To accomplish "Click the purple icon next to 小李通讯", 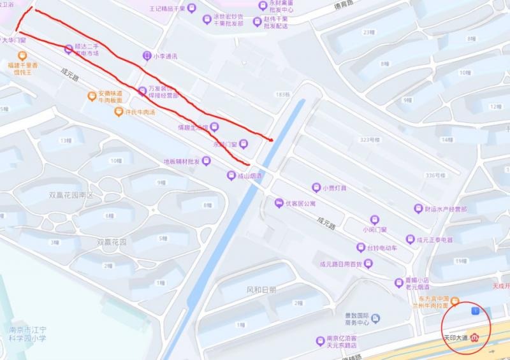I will point(147,56).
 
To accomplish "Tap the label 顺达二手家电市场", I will point(87,50).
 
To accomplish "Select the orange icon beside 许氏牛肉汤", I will point(119,112).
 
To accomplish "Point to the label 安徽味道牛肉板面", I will point(110,97).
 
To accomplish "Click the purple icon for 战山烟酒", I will point(231,175).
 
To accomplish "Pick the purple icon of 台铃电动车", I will point(361,247).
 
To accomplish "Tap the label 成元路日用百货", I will point(340,264).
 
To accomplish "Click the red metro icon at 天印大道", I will point(474,338).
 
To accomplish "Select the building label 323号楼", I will point(370,139).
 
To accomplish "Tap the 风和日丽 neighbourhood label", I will point(261,289).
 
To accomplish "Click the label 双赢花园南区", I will point(71,195).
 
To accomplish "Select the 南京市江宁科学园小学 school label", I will point(27,334).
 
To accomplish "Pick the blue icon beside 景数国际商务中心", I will point(376,318).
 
